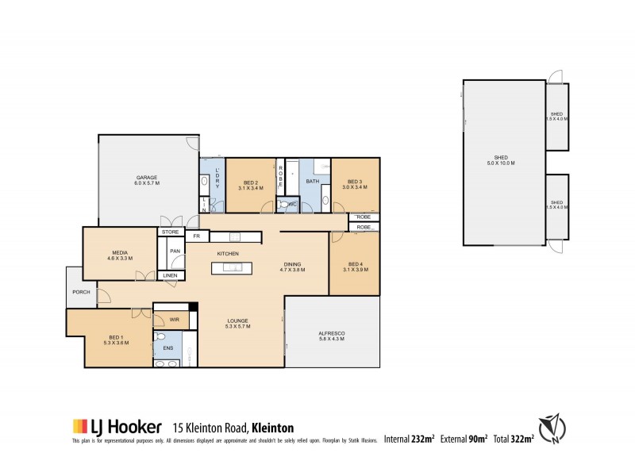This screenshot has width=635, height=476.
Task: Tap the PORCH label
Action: pyautogui.click(x=80, y=292)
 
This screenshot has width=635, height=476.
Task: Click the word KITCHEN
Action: pyautogui.click(x=229, y=253)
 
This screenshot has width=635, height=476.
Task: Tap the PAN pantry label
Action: pyautogui.click(x=174, y=251)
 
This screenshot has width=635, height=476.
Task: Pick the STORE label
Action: pyautogui.click(x=171, y=232)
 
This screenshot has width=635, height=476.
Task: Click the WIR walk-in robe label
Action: pyautogui.click(x=174, y=320)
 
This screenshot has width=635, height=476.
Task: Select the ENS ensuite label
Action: pyautogui.click(x=167, y=347)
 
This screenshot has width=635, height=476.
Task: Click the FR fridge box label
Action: pyautogui.click(x=196, y=236)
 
